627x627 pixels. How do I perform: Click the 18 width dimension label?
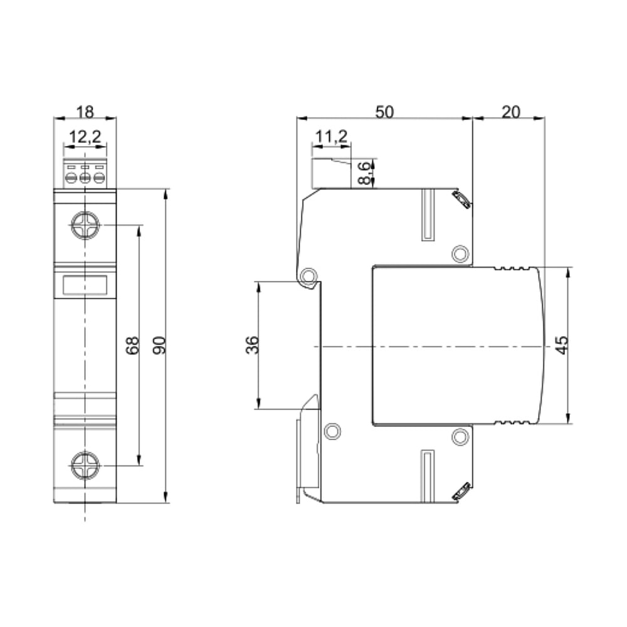(85, 112)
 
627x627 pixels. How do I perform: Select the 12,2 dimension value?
(85, 137)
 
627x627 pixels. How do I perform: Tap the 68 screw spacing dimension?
(132, 345)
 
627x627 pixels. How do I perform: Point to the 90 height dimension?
(159, 345)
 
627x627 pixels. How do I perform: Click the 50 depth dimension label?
(384, 112)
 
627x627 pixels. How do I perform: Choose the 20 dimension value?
(510, 112)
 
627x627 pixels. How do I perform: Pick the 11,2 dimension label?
(332, 137)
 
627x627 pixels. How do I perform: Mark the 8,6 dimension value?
(364, 173)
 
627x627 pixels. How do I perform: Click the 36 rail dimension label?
(252, 345)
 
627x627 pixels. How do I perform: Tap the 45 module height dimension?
(562, 345)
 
